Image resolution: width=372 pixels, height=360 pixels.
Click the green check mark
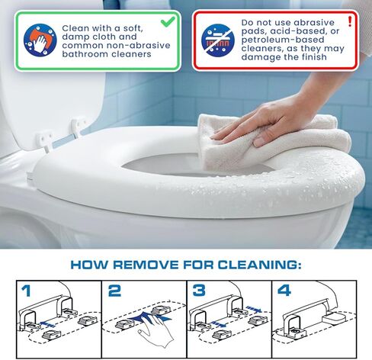168,21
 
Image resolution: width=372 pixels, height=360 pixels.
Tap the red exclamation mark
350,21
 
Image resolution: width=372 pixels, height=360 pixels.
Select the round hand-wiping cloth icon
40,40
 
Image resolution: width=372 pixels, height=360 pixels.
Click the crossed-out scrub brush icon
218,40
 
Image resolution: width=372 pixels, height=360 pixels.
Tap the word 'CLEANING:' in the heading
260,265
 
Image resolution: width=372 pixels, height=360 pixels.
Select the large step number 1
26,291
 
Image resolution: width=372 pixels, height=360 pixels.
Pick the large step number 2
114,291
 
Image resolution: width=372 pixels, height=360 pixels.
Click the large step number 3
199,291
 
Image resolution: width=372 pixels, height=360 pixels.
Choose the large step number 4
284,291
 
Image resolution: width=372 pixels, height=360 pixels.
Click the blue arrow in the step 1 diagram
48,324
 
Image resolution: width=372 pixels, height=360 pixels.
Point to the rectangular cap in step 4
333,319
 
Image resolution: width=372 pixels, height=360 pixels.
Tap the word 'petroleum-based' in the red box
283,40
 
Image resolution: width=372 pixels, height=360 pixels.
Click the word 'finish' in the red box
314,57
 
